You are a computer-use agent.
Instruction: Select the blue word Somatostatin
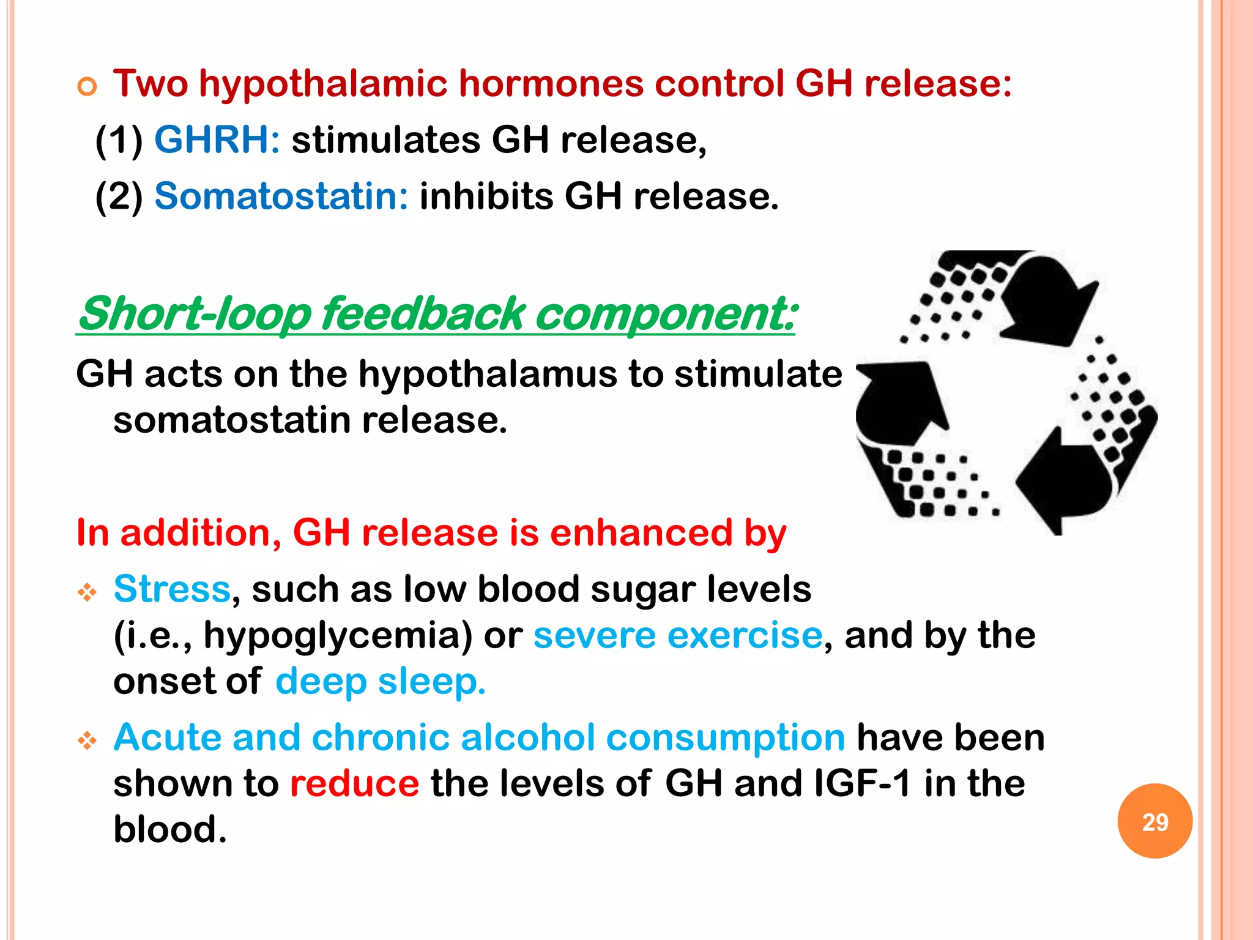click(281, 196)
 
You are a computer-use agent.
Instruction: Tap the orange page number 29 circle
click(1154, 821)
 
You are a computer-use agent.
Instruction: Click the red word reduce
click(354, 783)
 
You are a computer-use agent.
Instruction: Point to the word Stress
click(172, 589)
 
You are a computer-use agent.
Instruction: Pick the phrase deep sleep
click(380, 681)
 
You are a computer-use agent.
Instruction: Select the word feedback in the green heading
click(423, 314)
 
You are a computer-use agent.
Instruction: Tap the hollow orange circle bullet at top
click(87, 87)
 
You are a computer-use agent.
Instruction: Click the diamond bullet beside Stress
click(87, 592)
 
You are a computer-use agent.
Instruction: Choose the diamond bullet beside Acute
click(87, 741)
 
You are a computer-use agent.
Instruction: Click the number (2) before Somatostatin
click(119, 196)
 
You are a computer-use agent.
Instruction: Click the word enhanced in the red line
click(641, 532)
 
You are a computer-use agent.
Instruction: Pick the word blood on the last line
click(169, 829)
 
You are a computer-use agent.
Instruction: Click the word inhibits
click(486, 196)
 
